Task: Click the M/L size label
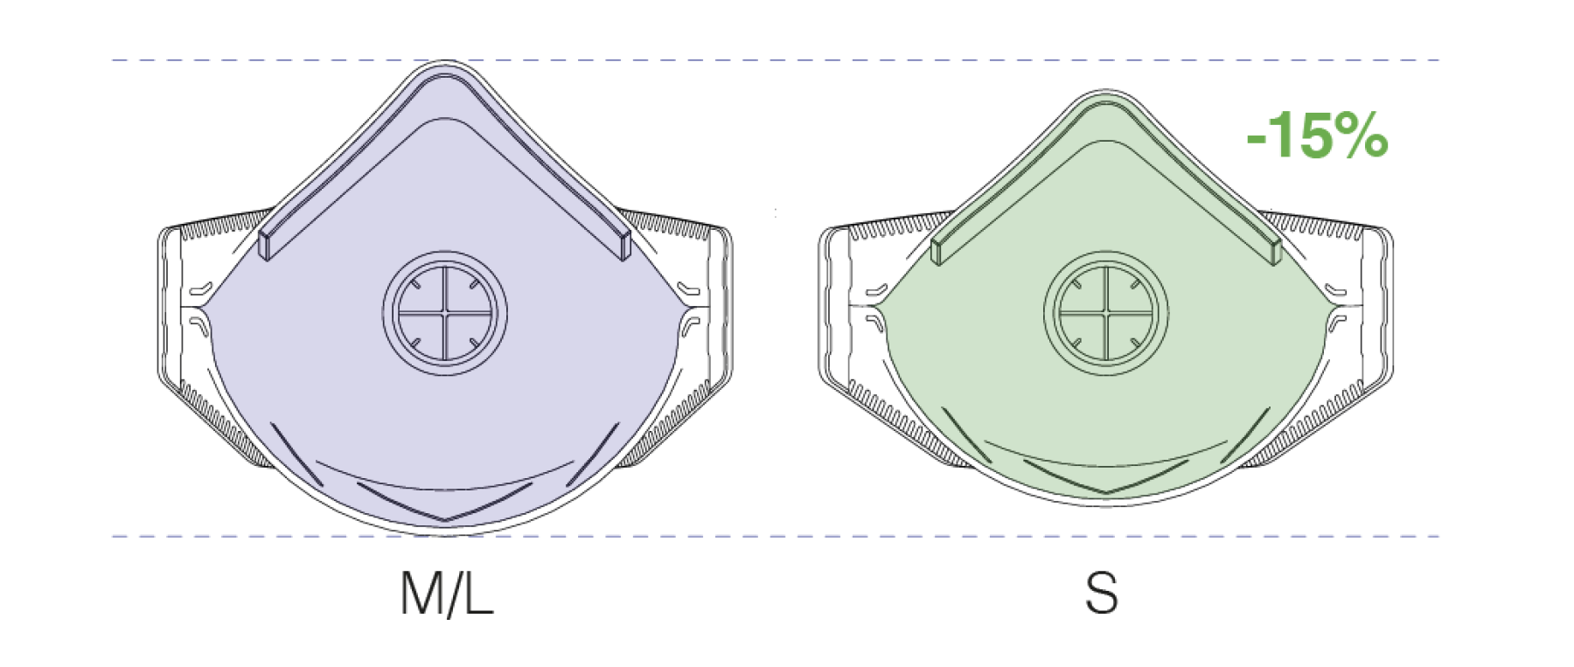pyautogui.click(x=447, y=594)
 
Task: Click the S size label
pyautogui.click(x=1102, y=594)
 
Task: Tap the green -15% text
pyautogui.click(x=1317, y=135)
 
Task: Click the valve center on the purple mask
pyautogui.click(x=445, y=313)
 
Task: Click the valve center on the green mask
pyautogui.click(x=1106, y=312)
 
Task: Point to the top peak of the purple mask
pyautogui.click(x=445, y=63)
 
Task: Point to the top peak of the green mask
pyautogui.click(x=1106, y=90)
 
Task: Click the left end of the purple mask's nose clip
pyautogui.click(x=265, y=246)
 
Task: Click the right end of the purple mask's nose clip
pyautogui.click(x=625, y=246)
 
